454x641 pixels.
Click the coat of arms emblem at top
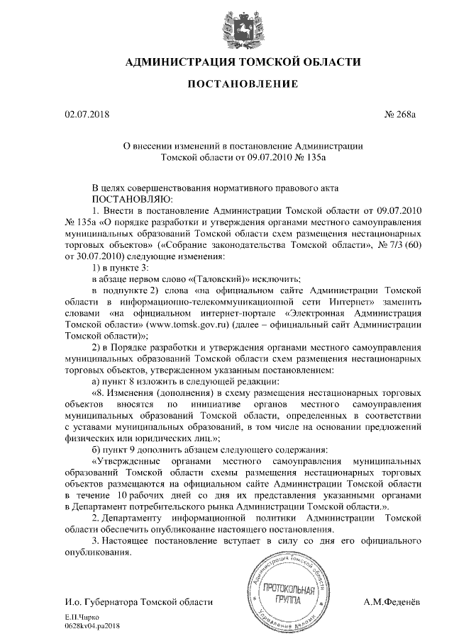tap(227, 26)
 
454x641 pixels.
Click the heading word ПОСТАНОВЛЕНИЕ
tap(227, 85)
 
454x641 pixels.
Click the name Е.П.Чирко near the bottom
tap(78, 618)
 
